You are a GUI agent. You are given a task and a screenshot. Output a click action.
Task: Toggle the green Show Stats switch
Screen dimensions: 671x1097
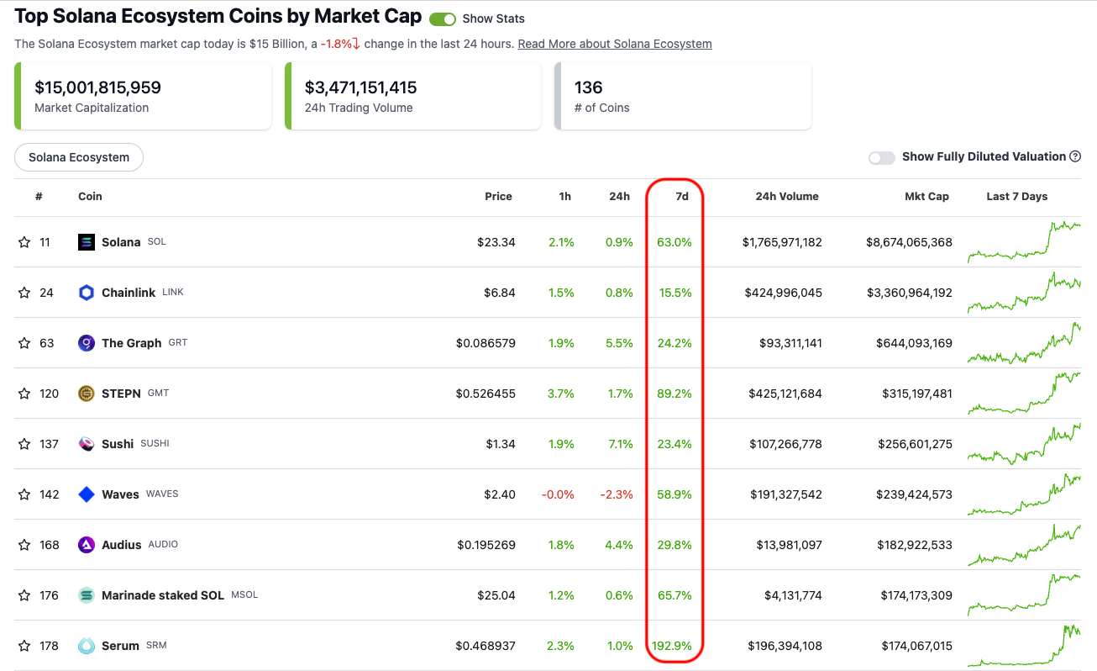(x=443, y=18)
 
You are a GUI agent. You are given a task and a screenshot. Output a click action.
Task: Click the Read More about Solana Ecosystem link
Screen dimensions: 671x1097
(x=615, y=44)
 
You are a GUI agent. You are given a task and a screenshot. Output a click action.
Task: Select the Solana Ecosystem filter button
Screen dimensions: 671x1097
(x=79, y=157)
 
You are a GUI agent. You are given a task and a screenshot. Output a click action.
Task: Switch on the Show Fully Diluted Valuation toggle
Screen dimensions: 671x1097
(x=881, y=157)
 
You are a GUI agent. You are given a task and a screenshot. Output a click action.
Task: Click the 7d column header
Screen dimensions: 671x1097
(x=682, y=196)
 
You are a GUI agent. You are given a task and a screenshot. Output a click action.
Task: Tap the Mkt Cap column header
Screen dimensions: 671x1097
(x=926, y=196)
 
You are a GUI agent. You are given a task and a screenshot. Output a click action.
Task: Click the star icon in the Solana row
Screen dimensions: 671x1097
(x=24, y=242)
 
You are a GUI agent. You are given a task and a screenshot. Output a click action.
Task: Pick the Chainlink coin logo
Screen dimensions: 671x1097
(x=87, y=293)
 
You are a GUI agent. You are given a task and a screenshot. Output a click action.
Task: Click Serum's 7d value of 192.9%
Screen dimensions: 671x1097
(x=672, y=646)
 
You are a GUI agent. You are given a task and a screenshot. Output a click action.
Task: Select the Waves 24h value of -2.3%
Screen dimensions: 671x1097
(x=616, y=494)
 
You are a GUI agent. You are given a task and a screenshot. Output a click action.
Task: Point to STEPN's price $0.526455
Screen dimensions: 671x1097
(x=486, y=394)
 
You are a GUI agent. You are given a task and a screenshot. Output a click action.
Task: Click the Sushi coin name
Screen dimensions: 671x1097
(x=118, y=444)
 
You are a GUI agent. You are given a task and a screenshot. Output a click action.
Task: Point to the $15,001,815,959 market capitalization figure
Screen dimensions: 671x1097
(x=97, y=87)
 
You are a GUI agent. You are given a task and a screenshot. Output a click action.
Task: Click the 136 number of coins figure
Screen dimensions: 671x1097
(x=588, y=87)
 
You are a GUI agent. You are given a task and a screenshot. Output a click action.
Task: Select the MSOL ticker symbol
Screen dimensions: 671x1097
(x=244, y=594)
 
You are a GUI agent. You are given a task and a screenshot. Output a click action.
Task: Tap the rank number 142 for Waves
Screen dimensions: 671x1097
(x=50, y=494)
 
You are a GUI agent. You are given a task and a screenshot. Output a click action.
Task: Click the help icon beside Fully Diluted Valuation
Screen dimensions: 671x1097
(x=1075, y=156)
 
